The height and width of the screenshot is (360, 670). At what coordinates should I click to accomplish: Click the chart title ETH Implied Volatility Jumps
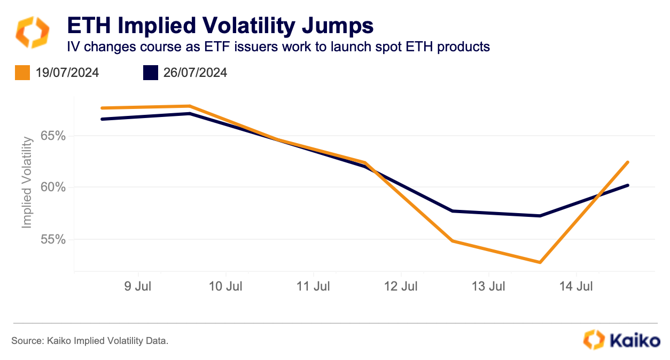pos(219,25)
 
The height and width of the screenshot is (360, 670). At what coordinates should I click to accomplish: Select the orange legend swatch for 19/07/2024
pos(22,73)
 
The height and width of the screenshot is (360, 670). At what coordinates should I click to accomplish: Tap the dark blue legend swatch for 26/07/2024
pos(151,73)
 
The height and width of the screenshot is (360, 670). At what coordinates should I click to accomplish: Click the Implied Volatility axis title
pos(28,182)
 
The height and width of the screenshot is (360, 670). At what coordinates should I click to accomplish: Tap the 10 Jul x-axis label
pos(225,286)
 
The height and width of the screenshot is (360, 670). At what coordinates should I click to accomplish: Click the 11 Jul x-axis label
pos(314,286)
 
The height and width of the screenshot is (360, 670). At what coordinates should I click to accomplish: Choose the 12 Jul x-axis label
pos(401,286)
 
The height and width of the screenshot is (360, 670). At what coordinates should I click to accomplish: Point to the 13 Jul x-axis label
pos(489,286)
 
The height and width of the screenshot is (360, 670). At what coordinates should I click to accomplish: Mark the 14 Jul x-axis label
pos(576,286)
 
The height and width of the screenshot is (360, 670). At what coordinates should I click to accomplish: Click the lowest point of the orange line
pos(540,262)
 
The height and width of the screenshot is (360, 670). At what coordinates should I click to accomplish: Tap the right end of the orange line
pos(628,162)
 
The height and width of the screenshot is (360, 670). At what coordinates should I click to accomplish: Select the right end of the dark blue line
pos(628,185)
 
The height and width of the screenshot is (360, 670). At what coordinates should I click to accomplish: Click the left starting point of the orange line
pos(102,108)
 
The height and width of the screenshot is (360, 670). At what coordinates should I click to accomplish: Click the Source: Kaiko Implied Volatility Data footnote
pos(90,340)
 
